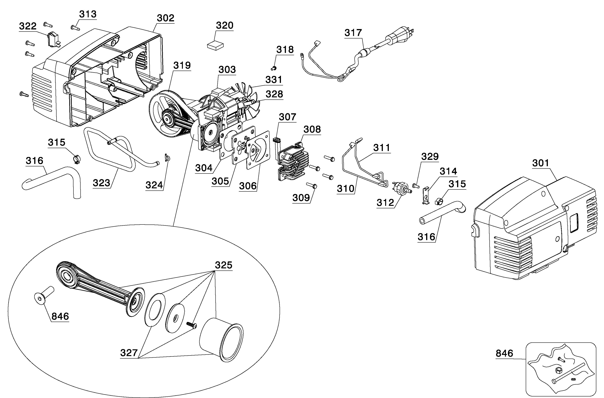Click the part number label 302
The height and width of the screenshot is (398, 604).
165,18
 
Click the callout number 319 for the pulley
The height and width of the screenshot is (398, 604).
182,65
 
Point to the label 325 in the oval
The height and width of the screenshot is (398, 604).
224,265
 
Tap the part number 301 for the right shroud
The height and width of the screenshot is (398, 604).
541,163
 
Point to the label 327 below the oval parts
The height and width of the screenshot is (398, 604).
129,353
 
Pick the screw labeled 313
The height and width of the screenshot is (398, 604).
76,28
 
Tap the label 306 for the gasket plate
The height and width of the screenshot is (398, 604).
248,186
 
